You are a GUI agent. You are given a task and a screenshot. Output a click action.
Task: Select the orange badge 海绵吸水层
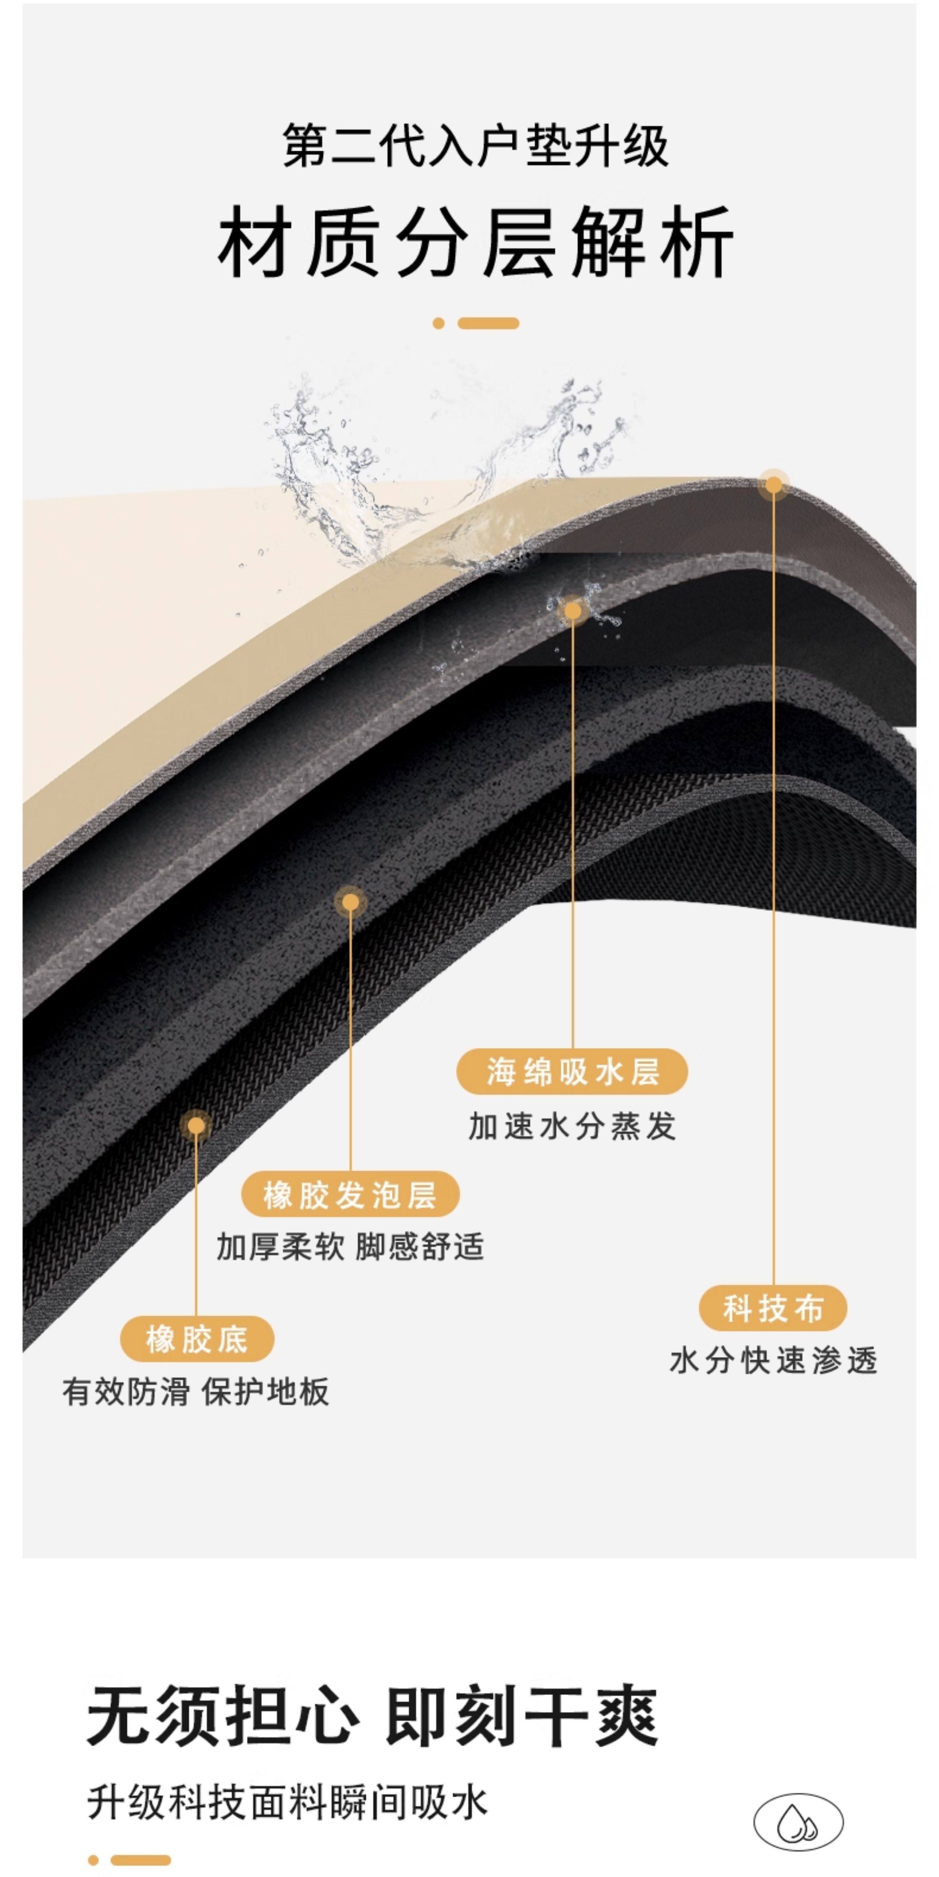pyautogui.click(x=572, y=1071)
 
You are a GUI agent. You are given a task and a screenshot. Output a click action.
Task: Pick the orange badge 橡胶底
pyautogui.click(x=197, y=1338)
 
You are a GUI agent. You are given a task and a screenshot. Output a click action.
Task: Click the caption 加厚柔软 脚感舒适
pyautogui.click(x=350, y=1247)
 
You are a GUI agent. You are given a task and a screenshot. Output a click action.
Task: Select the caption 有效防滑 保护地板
pyautogui.click(x=195, y=1392)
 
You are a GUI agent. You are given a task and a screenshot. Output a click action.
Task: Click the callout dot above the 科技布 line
pyautogui.click(x=774, y=484)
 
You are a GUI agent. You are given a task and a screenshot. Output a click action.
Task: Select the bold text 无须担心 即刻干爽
pyautogui.click(x=372, y=1715)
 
